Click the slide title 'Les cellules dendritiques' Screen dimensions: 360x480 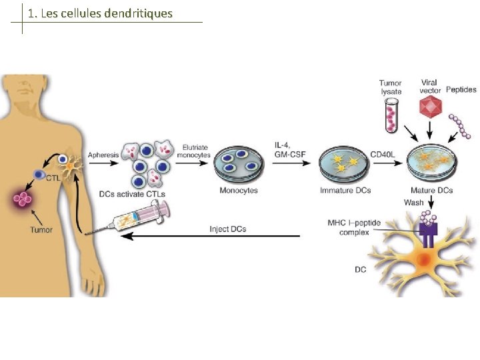100,13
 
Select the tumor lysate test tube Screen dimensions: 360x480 390,114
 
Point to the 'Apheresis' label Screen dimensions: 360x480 103,153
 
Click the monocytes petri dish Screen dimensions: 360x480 238,166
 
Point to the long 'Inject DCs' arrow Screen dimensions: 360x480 213,235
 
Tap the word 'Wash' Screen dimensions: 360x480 413,202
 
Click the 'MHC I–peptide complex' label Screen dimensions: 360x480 349,227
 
